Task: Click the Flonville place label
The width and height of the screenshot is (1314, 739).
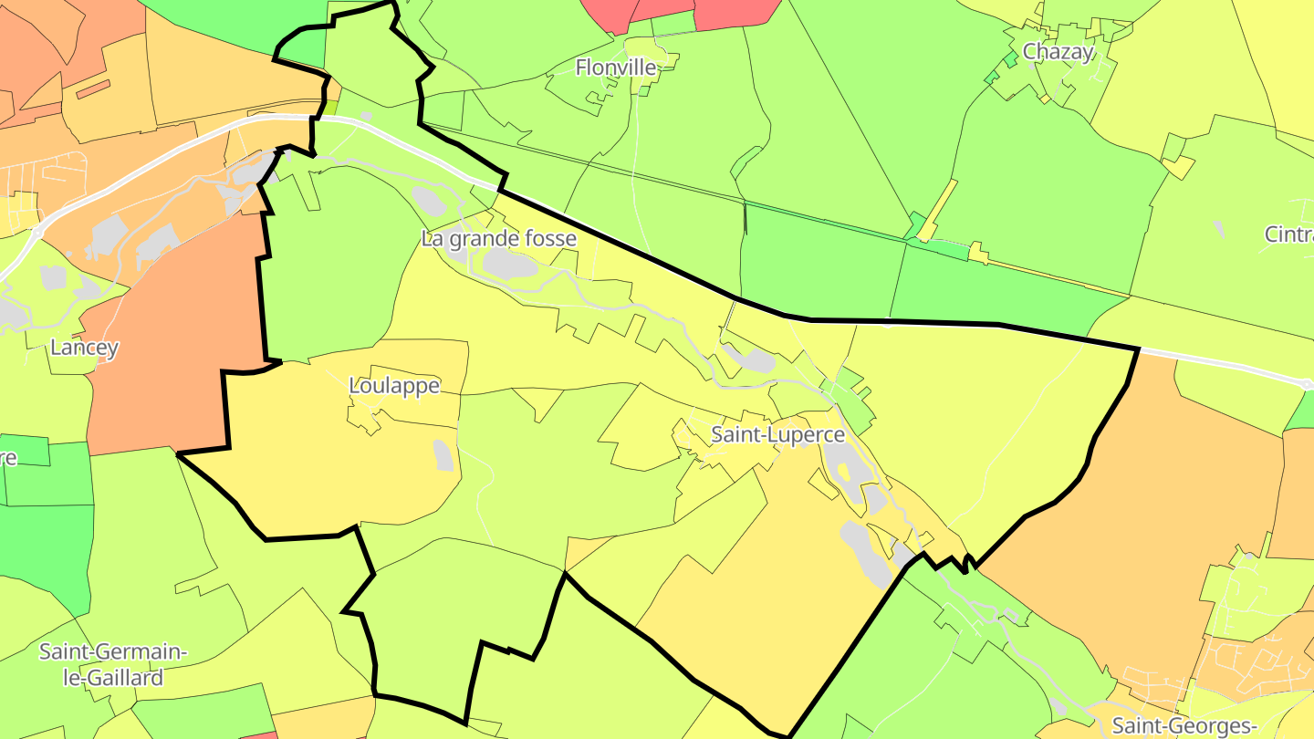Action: (x=616, y=68)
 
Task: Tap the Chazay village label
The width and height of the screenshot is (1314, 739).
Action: (x=1058, y=52)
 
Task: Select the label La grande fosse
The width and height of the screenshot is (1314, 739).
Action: (x=499, y=239)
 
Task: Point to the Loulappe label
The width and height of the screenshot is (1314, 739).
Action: (x=394, y=386)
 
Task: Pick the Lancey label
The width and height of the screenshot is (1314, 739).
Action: (x=85, y=348)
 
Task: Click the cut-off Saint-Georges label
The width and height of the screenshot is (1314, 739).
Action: (x=1184, y=726)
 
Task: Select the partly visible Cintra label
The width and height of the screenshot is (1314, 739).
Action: (x=1288, y=234)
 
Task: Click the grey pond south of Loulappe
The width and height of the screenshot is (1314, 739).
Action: (x=443, y=455)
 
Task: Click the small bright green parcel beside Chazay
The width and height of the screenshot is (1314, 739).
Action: (x=1010, y=60)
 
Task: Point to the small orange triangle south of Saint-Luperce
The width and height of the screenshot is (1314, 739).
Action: (x=579, y=550)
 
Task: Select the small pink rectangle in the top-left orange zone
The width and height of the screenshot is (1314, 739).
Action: (x=93, y=88)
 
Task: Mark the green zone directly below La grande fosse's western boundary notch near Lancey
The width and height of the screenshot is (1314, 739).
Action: (x=328, y=265)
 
